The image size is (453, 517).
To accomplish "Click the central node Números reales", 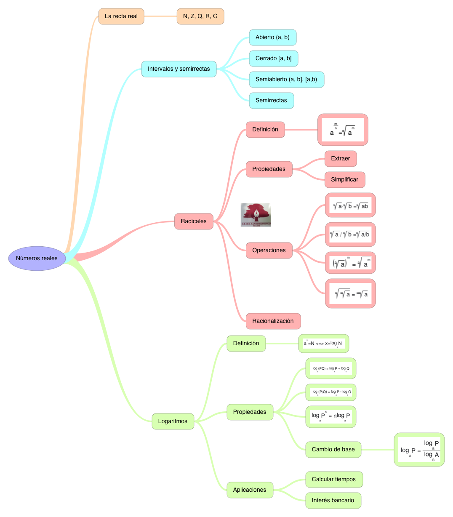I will (x=37, y=258).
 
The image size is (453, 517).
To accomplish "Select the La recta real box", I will (x=121, y=16).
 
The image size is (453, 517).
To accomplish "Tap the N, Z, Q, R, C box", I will (x=200, y=16).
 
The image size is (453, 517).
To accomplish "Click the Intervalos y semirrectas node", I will (x=179, y=69).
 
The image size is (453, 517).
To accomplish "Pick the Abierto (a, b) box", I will (x=273, y=37).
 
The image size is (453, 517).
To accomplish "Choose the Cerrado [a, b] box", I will (x=274, y=59).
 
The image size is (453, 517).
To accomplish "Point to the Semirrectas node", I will (x=272, y=101).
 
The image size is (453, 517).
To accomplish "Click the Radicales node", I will (x=194, y=221).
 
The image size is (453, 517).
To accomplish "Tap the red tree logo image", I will (x=256, y=215).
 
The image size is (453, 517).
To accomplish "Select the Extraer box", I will (x=341, y=159).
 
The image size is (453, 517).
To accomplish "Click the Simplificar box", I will (x=345, y=180).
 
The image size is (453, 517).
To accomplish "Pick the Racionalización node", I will (x=273, y=321).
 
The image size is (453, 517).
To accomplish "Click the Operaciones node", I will (x=269, y=251).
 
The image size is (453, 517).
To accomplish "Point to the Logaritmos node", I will (x=173, y=421).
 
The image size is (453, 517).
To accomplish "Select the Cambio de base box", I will (x=333, y=450).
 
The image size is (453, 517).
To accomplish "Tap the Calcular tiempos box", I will (x=334, y=480).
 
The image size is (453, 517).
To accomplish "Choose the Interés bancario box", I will (x=333, y=501).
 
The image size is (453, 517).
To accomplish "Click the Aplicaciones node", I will (x=250, y=490).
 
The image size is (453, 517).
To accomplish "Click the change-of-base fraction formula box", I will (x=419, y=450).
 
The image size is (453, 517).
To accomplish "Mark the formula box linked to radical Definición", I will (x=343, y=130).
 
